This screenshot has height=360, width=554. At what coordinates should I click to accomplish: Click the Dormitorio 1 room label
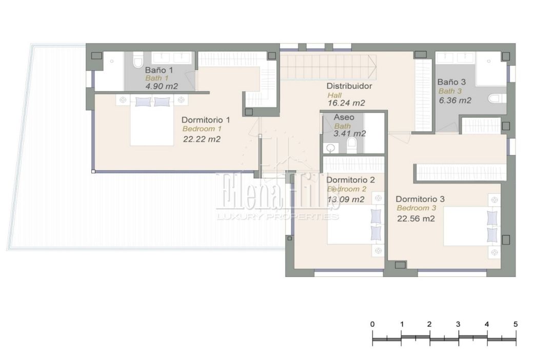tap(206, 120)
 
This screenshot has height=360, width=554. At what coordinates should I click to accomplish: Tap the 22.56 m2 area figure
tap(416, 218)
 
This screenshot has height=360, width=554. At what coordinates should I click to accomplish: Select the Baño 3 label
tap(451, 82)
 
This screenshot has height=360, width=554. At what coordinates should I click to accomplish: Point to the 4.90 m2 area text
tap(162, 86)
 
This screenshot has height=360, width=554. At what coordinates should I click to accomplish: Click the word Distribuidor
tap(349, 86)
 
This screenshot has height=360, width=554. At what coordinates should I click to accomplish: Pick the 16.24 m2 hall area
tap(346, 103)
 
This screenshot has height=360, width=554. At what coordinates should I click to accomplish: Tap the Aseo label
tap(344, 117)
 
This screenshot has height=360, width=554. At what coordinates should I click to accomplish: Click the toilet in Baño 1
tap(137, 59)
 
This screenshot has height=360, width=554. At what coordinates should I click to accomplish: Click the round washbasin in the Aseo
tap(331, 148)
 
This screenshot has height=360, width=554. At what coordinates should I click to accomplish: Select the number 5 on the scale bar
tap(516, 324)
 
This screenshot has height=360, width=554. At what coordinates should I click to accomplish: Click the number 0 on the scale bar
tap(372, 324)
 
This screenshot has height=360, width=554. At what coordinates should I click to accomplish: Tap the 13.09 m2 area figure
tap(346, 199)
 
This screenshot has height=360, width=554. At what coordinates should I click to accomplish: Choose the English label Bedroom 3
tap(416, 208)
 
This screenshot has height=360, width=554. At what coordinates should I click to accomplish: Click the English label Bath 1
tap(157, 78)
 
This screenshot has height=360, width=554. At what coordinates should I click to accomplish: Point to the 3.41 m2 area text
tap(350, 133)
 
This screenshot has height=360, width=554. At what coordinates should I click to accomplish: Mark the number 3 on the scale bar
tap(458, 324)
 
